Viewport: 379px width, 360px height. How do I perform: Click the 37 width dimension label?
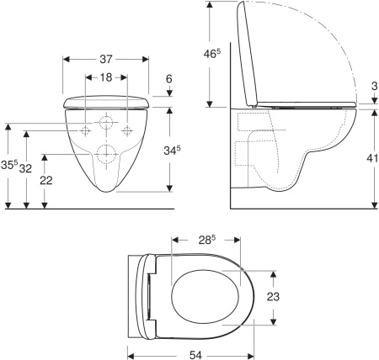(106, 59)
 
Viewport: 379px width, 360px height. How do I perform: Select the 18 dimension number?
(106, 77)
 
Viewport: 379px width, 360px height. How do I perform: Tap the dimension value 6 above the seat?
(168, 79)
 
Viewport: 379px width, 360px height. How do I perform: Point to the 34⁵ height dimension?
(172, 151)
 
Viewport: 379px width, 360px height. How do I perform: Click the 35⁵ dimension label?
(9, 164)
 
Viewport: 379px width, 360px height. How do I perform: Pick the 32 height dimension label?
(25, 168)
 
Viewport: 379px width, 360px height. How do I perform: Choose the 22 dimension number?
(46, 180)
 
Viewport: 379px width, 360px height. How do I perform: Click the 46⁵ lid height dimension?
(212, 54)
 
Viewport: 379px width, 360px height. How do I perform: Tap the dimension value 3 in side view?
(374, 86)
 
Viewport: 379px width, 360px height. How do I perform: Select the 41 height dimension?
(372, 158)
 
